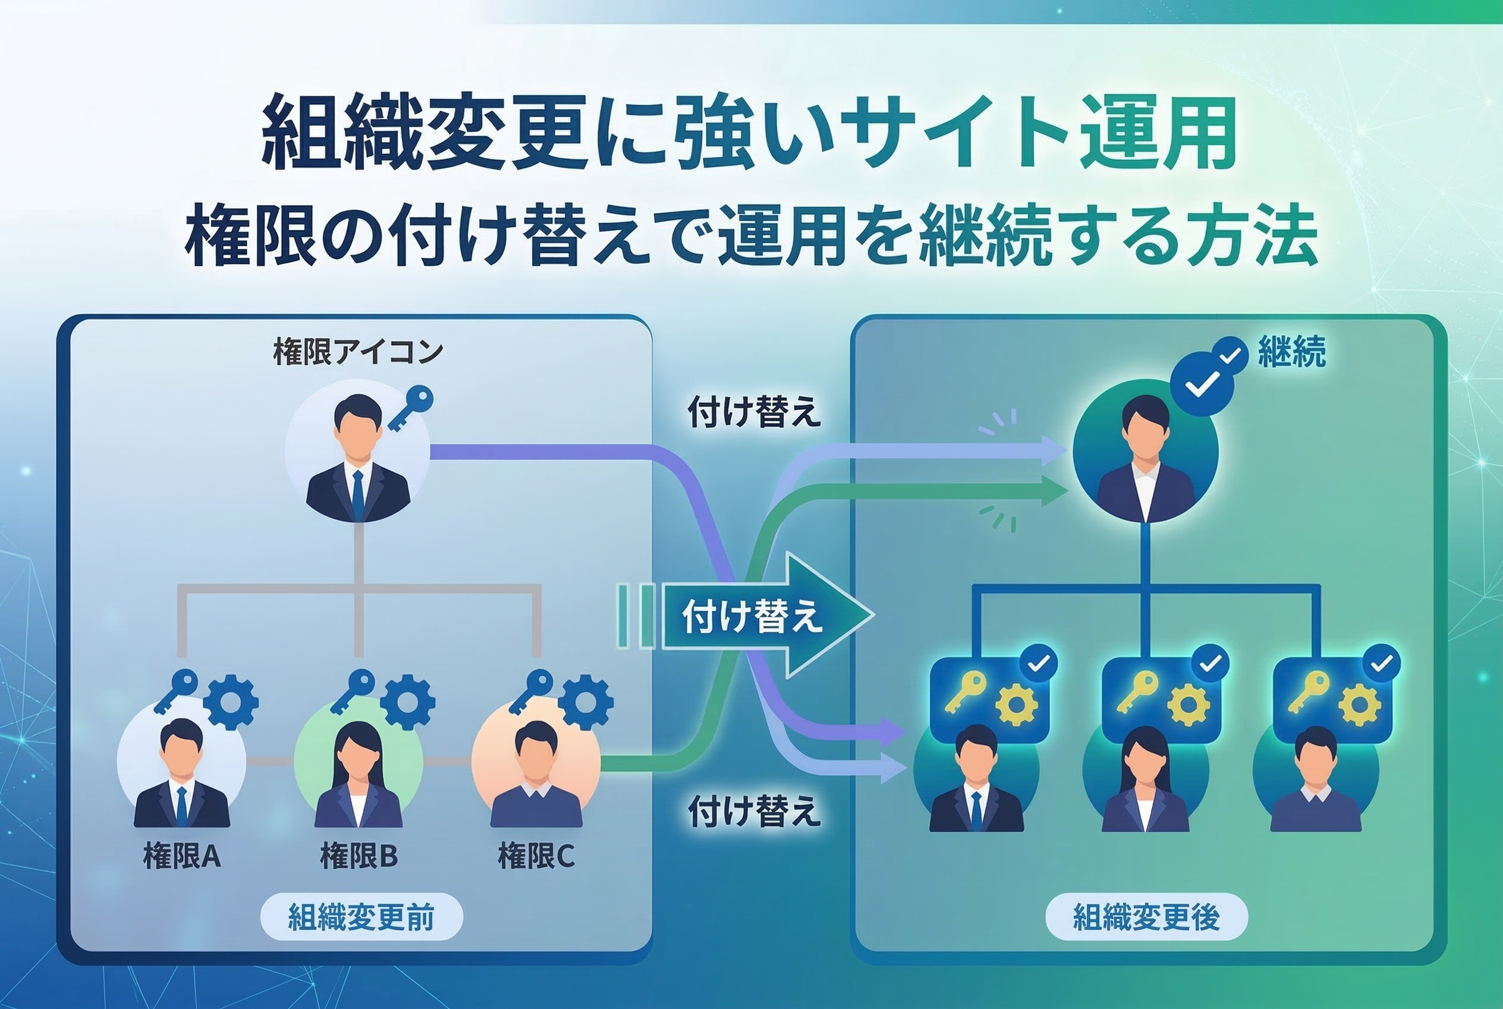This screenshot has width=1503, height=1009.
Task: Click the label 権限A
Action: tap(182, 857)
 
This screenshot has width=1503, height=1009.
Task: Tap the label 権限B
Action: tap(359, 857)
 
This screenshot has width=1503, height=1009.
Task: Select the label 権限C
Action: tap(536, 857)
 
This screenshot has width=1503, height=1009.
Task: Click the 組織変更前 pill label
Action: tap(361, 917)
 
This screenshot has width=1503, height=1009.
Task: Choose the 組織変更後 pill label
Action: tap(1146, 917)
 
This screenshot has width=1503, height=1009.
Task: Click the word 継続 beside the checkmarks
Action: tap(1292, 352)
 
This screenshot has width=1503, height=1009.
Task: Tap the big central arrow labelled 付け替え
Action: tap(765, 615)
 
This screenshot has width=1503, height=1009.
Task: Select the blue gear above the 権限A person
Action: tap(231, 701)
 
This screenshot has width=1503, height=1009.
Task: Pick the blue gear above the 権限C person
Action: tap(585, 701)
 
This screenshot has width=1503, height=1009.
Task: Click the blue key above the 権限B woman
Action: tap(353, 690)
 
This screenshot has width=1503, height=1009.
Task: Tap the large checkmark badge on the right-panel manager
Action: tap(1202, 385)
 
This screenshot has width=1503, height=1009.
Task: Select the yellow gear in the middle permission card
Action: tap(1188, 704)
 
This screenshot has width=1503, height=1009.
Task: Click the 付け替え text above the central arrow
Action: tap(754, 412)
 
